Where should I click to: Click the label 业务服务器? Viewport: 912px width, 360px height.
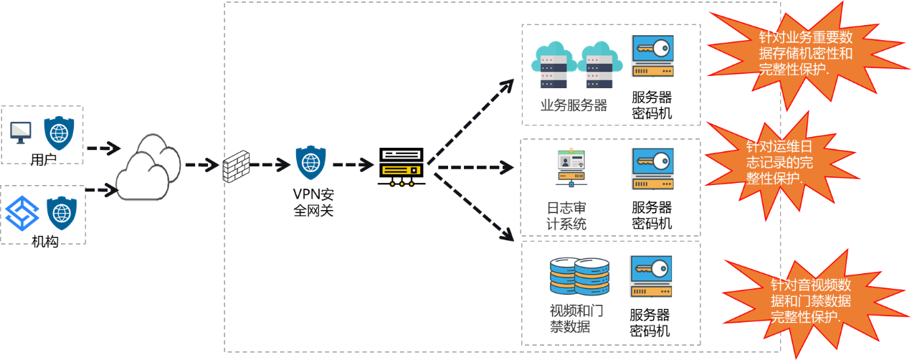coord(574,105)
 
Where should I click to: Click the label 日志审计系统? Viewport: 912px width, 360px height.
coord(566,215)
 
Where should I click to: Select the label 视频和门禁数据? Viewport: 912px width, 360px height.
coord(576,318)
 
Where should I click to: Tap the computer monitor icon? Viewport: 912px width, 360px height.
coord(21,133)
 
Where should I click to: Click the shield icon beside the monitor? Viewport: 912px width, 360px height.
coord(60,133)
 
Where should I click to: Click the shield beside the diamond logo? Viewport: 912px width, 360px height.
coord(62,213)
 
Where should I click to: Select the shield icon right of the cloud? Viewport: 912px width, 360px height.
coord(311,163)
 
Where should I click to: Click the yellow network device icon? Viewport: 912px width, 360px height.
coord(401,171)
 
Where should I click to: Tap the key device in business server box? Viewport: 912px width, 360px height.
coord(652,56)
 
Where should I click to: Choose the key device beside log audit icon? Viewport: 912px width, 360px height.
coord(652,169)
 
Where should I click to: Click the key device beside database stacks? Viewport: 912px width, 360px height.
coord(651,276)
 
